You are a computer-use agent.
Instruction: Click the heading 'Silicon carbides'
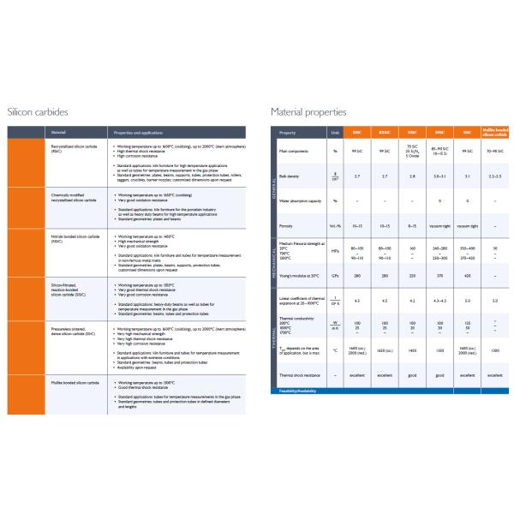tap(38, 111)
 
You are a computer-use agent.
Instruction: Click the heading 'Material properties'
tap(309, 111)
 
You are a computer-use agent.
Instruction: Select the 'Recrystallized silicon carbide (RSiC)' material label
tap(74, 149)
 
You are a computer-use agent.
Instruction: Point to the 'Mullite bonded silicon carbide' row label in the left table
tap(75, 381)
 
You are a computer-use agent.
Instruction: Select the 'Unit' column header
tap(335, 133)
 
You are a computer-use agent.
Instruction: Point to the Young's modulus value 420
tap(467, 276)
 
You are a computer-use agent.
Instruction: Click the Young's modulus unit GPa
tap(335, 276)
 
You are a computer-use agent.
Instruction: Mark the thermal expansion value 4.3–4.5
tap(439, 301)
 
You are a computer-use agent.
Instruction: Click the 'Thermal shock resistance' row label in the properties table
tap(301, 375)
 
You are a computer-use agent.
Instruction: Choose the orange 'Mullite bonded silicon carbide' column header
tap(494, 133)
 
